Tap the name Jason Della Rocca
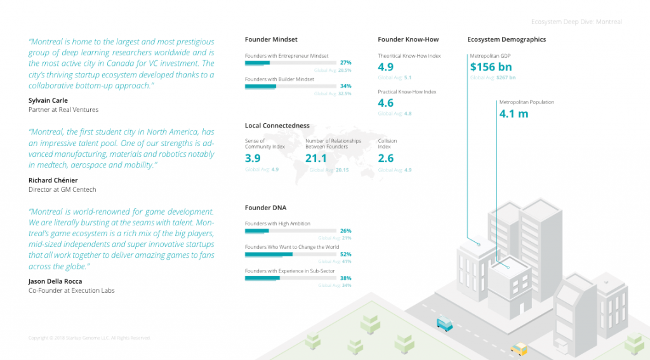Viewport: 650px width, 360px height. coord(55,281)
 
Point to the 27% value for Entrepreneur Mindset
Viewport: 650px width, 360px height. coord(345,63)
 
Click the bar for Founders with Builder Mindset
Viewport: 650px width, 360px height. coord(291,86)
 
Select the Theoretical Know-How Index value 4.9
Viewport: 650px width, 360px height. coord(386,67)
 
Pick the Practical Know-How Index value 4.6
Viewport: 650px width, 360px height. coord(386,103)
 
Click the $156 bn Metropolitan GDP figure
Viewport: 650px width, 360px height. coord(491,67)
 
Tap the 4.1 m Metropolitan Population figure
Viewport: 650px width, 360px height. coord(514,114)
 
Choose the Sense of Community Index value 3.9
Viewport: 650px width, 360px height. coord(253,159)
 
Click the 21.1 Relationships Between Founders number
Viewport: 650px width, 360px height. coord(316,159)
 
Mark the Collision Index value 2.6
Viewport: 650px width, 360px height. coord(386,159)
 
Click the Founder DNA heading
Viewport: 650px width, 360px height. coord(265,208)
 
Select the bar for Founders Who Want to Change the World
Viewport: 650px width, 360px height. coord(291,254)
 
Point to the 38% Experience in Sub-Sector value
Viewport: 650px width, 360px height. coord(345,277)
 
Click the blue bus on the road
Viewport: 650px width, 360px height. coord(445,324)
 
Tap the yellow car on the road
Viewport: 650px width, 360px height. coord(519,348)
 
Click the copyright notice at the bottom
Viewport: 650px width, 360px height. coord(90,338)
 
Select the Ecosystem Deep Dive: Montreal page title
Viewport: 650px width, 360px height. coord(576,22)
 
